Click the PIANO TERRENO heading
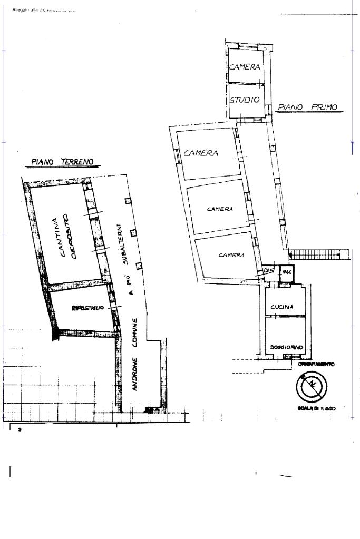click(x=62, y=162)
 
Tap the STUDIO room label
click(x=245, y=100)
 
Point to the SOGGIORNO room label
click(x=286, y=348)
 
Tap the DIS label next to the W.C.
click(x=269, y=271)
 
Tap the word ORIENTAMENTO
click(x=316, y=364)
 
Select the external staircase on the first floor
click(x=317, y=254)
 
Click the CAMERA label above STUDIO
click(x=245, y=67)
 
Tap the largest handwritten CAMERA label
click(x=201, y=153)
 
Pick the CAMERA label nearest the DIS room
click(x=231, y=255)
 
